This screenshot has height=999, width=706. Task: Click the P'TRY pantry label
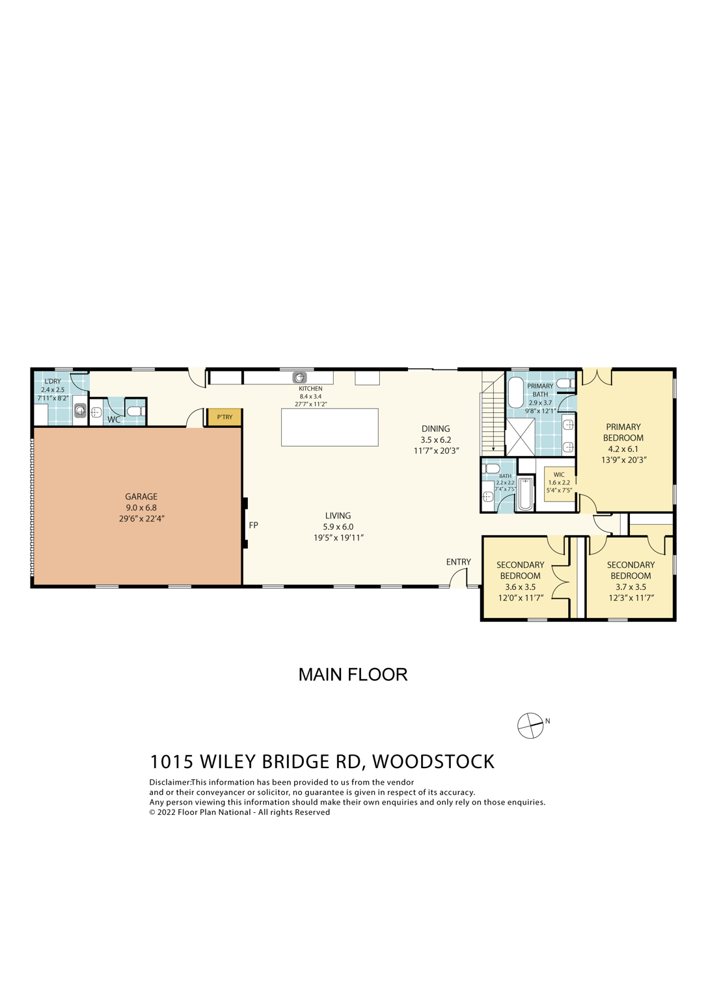click(224, 417)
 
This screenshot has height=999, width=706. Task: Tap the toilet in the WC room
click(135, 411)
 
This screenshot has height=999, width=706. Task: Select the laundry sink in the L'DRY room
click(80, 410)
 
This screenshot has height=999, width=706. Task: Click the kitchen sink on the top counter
click(299, 377)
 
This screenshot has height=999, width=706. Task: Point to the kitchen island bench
click(329, 427)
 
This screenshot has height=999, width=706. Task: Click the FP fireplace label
click(254, 525)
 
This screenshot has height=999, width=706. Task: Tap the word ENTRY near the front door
click(458, 562)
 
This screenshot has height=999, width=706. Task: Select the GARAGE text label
click(141, 496)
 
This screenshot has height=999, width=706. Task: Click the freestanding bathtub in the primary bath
click(515, 392)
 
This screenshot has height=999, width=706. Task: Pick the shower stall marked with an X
click(521, 436)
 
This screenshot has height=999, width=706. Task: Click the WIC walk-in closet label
click(559, 475)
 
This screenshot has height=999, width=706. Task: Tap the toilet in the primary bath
click(565, 384)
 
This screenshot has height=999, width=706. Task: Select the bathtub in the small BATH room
click(525, 494)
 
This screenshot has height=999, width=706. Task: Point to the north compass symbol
click(530, 725)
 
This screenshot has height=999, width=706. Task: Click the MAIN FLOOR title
click(353, 674)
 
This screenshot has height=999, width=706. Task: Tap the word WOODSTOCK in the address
click(433, 762)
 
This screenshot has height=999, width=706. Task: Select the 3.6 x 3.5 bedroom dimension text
click(520, 587)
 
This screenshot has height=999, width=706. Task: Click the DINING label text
click(435, 429)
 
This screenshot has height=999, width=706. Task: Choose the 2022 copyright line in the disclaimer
click(239, 812)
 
